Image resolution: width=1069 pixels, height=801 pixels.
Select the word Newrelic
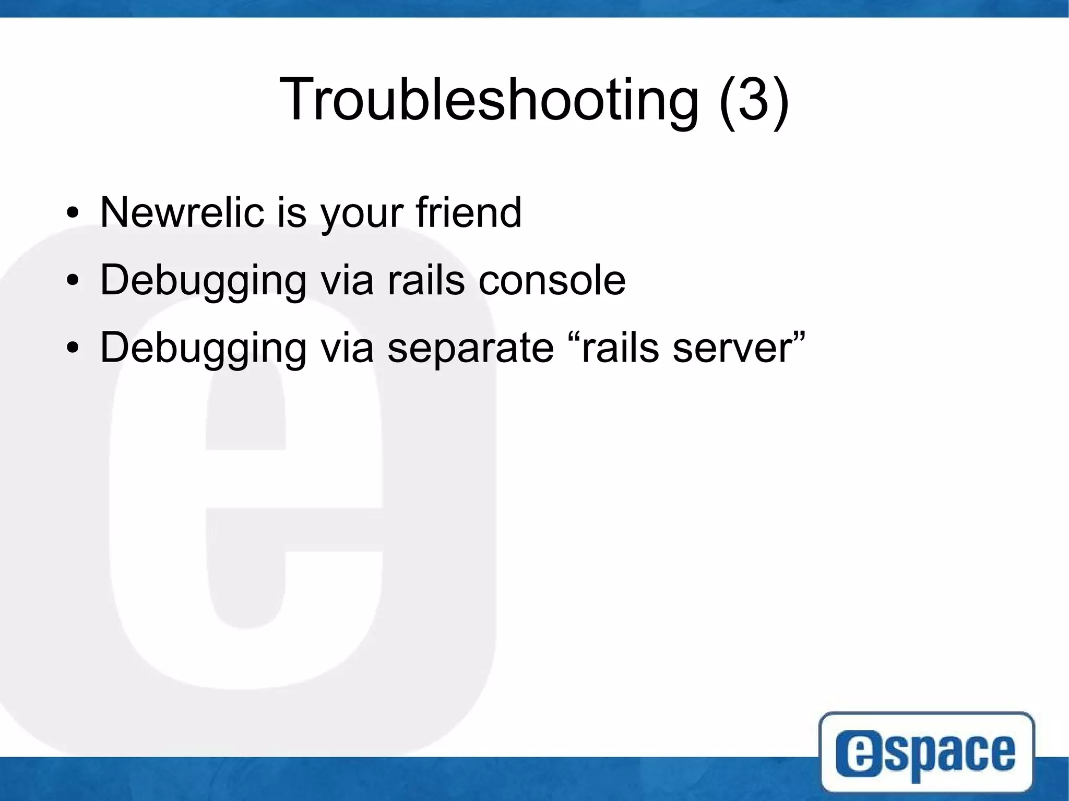(182, 212)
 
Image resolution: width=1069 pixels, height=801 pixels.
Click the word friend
(468, 212)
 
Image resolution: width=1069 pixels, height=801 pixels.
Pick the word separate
(470, 348)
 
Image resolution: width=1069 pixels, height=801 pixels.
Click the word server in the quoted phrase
(733, 348)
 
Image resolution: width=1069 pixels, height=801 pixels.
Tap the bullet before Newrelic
(73, 214)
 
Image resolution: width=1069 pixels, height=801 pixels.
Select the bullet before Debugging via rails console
(73, 281)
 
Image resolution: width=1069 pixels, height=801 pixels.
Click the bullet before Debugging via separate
(73, 349)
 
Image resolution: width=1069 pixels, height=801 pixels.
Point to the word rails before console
(425, 280)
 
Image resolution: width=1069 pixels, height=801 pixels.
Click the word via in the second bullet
(347, 280)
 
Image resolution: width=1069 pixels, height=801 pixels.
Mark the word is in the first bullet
(291, 212)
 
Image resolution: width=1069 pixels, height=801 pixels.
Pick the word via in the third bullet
(347, 348)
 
